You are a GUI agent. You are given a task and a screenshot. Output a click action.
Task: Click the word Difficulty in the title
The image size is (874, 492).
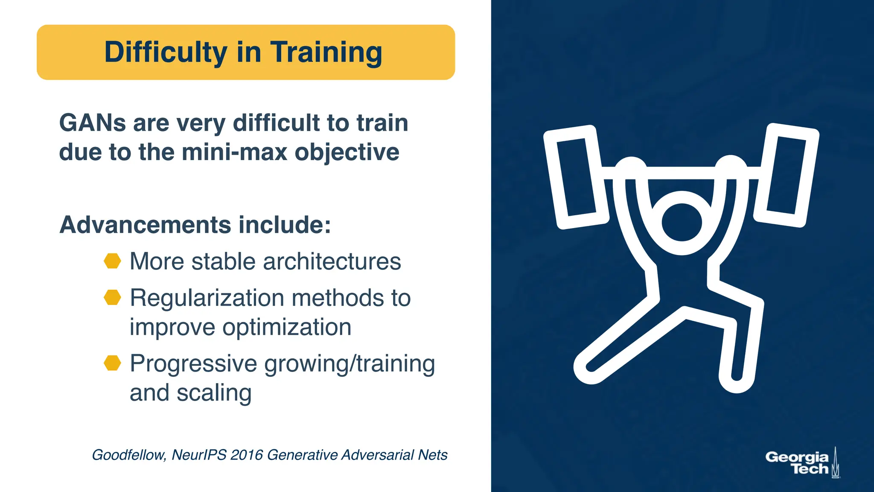[166, 52]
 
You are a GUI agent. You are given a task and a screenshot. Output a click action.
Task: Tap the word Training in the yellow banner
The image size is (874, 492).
[326, 52]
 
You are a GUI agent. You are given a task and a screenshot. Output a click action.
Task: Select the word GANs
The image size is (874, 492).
[92, 123]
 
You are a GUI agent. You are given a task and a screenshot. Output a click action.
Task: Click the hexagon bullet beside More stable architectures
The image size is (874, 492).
[113, 261]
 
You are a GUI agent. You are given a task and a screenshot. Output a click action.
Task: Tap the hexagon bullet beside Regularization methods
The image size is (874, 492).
[113, 297]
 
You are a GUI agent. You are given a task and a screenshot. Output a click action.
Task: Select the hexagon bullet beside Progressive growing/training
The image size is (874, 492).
[113, 363]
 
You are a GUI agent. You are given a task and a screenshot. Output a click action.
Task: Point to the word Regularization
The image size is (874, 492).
[207, 298]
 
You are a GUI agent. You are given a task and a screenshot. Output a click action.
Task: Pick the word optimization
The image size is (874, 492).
[287, 327]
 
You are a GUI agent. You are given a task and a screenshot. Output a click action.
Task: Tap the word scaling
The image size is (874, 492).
[214, 393]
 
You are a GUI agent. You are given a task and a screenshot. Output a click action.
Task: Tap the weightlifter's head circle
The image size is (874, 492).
[682, 223]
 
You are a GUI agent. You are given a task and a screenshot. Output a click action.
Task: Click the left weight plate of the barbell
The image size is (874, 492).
[576, 177]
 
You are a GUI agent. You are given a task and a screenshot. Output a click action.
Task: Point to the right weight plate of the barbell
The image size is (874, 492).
[786, 175]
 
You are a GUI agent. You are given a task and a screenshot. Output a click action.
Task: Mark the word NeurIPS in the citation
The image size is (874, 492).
[198, 455]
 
